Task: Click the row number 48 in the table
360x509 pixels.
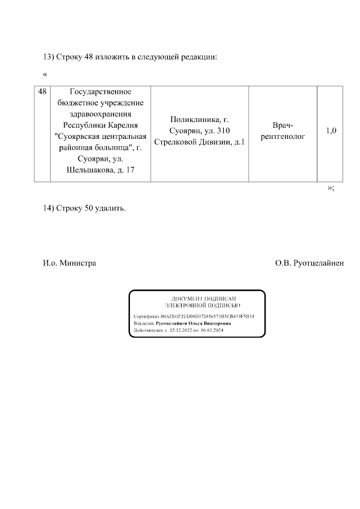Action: (42, 92)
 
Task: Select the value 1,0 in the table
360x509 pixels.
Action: (331, 131)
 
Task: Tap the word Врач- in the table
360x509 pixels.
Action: (282, 125)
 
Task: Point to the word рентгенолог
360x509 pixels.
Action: (282, 137)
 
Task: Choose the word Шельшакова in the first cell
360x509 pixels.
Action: (91, 170)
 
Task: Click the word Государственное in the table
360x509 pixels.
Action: (100, 92)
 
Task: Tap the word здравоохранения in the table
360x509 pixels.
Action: (100, 114)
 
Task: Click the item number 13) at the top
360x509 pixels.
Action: (49, 57)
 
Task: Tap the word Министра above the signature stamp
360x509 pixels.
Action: (78, 263)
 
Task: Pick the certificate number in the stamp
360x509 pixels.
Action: (208, 317)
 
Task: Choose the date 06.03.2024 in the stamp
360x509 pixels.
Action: (212, 331)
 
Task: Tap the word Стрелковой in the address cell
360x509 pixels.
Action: (174, 142)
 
